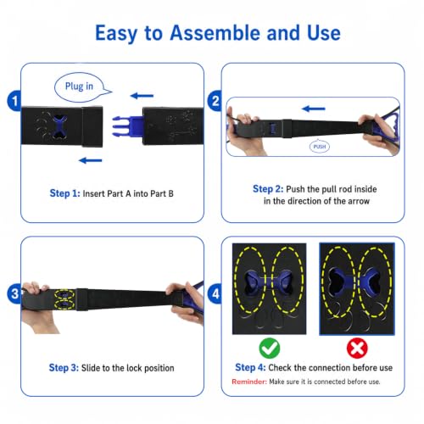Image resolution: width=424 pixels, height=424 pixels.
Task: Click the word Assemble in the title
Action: coord(215,33)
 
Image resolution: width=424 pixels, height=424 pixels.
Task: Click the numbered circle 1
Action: coord(14,101)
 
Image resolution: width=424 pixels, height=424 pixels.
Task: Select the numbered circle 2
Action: coord(215,101)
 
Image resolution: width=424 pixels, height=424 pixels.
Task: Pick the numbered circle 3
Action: coord(14,294)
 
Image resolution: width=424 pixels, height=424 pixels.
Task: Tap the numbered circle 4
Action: coord(215,294)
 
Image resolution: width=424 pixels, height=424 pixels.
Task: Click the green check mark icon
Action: coord(270,348)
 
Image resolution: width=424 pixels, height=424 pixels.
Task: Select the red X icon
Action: coord(357,348)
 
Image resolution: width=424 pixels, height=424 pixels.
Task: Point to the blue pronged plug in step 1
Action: coord(127,126)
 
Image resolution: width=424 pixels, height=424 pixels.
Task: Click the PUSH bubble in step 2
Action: coord(320,146)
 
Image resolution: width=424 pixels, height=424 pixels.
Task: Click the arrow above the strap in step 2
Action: coord(314,109)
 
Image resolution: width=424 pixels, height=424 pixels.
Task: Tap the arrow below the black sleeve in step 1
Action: coord(91,160)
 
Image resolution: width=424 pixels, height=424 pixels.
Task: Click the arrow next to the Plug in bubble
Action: coord(142,96)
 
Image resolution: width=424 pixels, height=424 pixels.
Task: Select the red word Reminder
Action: coord(249,382)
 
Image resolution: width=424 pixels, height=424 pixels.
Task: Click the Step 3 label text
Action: coord(64,368)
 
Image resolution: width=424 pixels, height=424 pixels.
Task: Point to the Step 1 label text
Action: coord(64,193)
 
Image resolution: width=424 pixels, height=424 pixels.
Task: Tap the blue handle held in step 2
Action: coord(386,126)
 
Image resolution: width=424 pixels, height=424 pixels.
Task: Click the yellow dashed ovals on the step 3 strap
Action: coord(64,299)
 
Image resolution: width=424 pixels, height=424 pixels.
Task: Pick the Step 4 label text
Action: coord(250,367)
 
